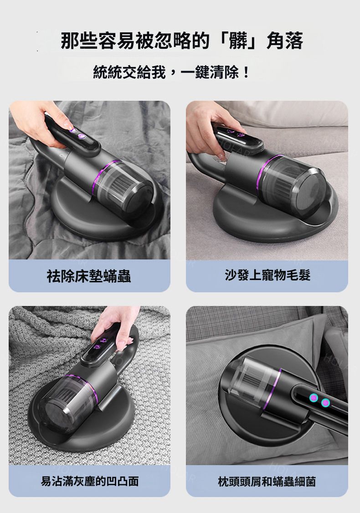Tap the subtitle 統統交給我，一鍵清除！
tap(171, 72)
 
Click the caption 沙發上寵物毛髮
tap(267, 275)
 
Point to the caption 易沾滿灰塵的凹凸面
tap(90, 481)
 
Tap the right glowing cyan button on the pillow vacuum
tap(325, 403)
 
